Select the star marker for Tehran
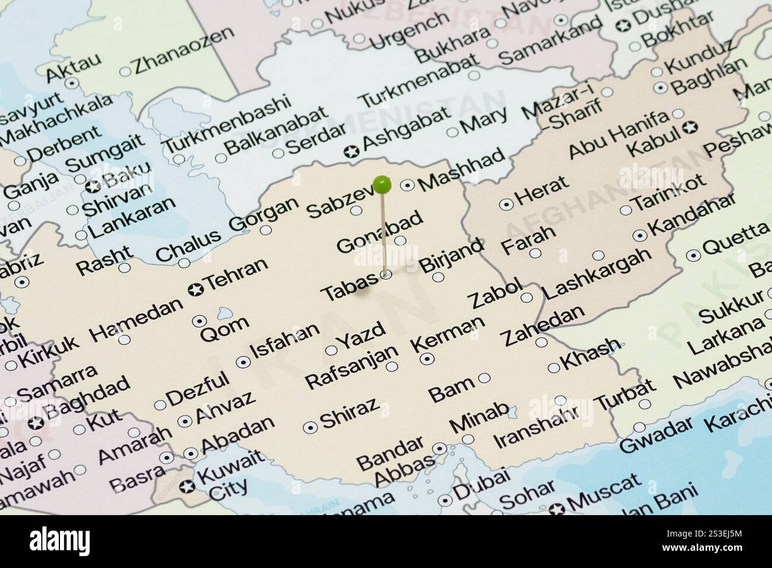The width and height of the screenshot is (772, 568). (195, 289)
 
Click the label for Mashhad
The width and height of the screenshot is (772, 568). (461, 168)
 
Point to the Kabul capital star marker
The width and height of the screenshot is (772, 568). (690, 127)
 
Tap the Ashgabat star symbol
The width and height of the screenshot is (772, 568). (351, 152)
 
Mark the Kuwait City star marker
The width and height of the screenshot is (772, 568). (188, 487)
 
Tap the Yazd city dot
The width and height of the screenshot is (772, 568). (331, 350)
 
